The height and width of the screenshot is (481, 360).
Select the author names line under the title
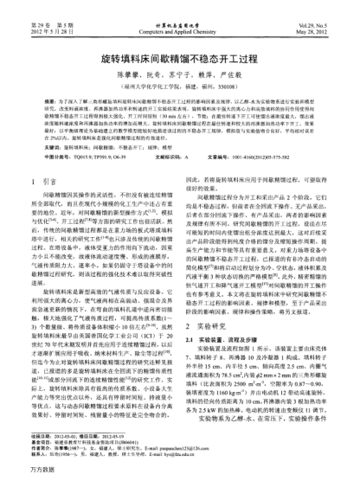(x=179, y=61)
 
